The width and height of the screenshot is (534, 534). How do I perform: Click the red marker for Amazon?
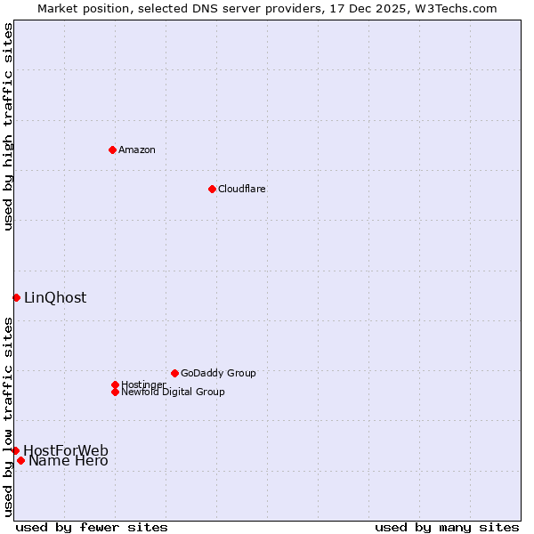pos(112,150)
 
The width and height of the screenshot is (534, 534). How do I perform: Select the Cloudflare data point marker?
pos(212,189)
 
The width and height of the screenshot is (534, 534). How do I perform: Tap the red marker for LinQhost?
pos(16,297)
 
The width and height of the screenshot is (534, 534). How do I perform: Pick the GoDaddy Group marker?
pos(174,373)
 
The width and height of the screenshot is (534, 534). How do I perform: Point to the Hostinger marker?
pos(115,384)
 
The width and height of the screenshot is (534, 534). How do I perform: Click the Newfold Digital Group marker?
pos(115,392)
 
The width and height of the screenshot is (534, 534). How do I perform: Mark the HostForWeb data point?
pos(15,450)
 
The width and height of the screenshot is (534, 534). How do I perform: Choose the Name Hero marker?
pos(20,460)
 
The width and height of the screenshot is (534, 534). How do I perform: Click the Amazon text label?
pos(137,150)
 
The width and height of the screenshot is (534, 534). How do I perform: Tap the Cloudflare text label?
pos(241,189)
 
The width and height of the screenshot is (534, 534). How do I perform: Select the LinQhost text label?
pos(55,298)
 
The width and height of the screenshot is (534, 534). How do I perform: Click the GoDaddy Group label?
pos(218,373)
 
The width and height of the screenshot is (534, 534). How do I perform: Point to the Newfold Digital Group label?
pos(173,392)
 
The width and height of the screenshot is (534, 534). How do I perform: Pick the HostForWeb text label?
pos(66,450)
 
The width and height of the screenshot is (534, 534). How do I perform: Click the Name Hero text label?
pos(69,461)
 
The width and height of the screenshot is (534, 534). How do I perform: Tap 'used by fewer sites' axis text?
pos(92,527)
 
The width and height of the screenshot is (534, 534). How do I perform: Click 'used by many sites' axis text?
pos(447,527)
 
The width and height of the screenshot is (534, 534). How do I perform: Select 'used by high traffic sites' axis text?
pos(9,126)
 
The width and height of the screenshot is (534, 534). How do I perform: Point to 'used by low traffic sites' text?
pos(9,417)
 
